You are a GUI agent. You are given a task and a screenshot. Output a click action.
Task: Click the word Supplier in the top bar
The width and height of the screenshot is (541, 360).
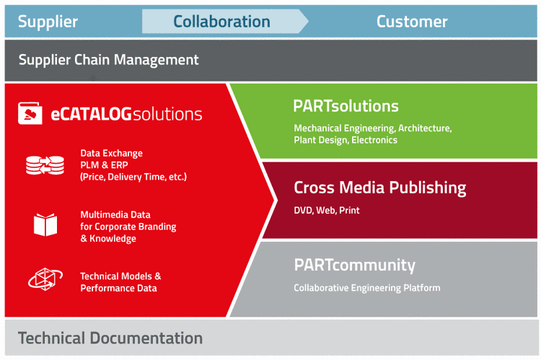[x=48, y=22]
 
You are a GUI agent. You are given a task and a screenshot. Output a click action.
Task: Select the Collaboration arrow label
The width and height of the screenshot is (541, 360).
[x=221, y=22]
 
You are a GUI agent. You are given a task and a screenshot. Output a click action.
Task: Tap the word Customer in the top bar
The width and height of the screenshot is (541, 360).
[x=412, y=22]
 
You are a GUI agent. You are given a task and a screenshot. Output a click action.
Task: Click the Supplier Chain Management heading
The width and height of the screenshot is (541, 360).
[x=108, y=60]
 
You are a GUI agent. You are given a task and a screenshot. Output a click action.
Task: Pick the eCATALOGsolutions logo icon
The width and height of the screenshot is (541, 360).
[x=30, y=113]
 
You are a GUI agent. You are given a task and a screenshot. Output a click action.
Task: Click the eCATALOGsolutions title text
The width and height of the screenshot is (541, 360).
[x=126, y=114]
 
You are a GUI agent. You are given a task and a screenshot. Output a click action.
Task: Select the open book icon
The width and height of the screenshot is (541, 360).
[x=45, y=224]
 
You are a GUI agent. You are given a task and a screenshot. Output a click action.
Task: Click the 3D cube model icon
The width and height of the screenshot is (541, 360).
[x=45, y=279]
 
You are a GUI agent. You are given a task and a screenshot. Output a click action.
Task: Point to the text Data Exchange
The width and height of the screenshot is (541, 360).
[x=111, y=153]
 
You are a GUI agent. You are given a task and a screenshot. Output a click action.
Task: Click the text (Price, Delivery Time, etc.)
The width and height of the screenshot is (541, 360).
[x=133, y=176]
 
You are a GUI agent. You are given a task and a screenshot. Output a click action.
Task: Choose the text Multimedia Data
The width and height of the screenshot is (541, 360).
[x=116, y=215]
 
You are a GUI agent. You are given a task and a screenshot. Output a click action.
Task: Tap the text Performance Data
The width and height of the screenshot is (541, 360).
[x=118, y=288]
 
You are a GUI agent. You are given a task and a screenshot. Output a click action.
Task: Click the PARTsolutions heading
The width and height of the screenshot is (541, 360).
[x=346, y=106]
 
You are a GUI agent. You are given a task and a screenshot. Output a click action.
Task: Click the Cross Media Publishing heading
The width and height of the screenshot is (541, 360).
[x=379, y=188]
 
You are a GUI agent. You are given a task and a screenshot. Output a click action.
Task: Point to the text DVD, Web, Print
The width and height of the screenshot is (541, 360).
[x=326, y=211]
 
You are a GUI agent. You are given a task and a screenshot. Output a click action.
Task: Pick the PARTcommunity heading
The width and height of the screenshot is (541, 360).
[x=354, y=265]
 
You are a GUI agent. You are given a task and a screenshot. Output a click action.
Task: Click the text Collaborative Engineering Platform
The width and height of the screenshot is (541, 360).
[x=366, y=288]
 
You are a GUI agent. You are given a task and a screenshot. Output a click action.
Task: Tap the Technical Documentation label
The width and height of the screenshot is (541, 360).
[x=110, y=338]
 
